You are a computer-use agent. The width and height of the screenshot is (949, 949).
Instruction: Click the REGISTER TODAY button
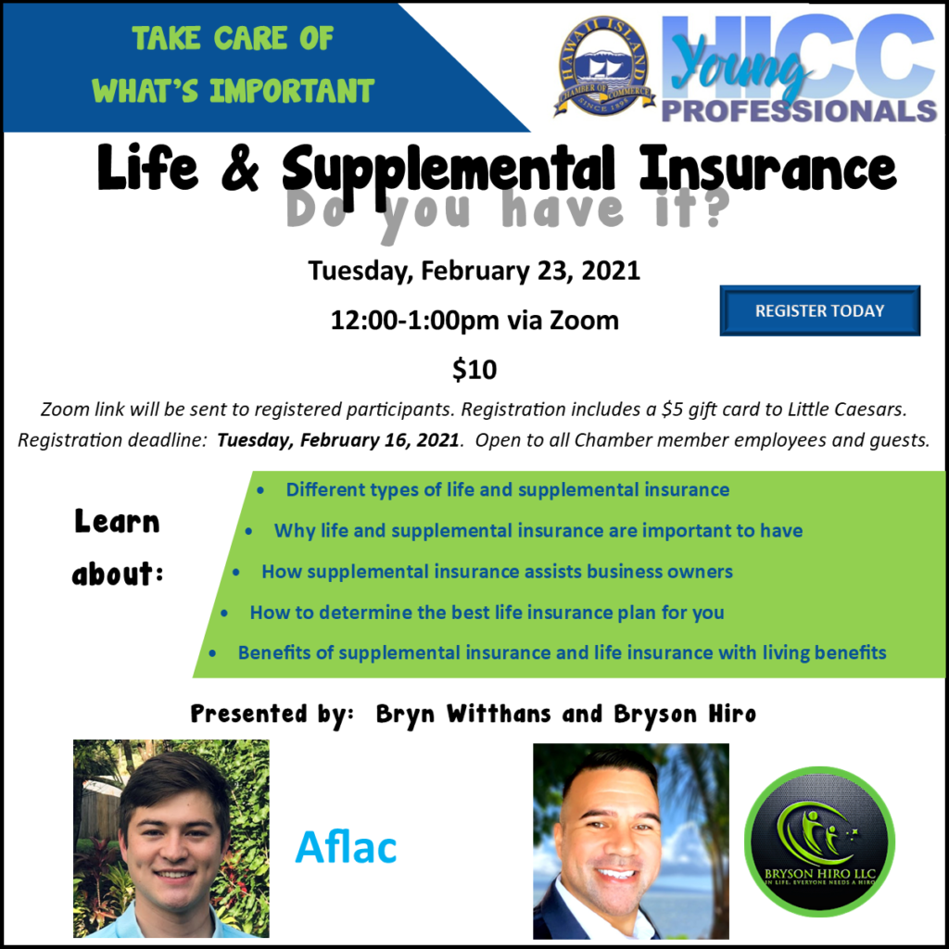(819, 310)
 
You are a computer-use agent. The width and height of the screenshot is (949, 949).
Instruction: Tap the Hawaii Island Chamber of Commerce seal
(604, 67)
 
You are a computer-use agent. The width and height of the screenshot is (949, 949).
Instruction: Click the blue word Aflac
(346, 847)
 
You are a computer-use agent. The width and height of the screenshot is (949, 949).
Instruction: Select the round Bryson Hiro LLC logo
(819, 841)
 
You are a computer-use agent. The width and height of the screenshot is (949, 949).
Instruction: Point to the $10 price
(474, 369)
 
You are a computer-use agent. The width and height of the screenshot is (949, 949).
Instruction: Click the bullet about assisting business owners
(497, 571)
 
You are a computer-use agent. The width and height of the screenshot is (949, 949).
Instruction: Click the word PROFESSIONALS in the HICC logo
(799, 111)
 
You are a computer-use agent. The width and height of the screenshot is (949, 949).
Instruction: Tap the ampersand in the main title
(240, 168)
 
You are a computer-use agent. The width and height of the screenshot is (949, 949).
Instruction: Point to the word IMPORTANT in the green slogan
(292, 91)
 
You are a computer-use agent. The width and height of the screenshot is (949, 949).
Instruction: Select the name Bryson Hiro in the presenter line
(685, 714)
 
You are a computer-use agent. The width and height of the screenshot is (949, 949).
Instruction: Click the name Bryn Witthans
(463, 714)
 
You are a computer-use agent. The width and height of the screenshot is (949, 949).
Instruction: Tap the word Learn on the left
(117, 521)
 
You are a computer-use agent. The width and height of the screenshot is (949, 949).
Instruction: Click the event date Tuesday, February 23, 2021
(474, 271)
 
